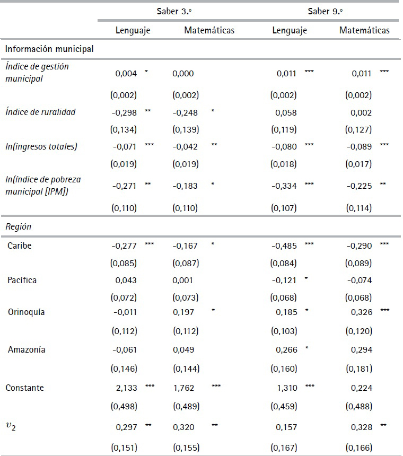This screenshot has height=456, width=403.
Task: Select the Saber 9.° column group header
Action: coord(326,11)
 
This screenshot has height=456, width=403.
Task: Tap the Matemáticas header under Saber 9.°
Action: coord(364,30)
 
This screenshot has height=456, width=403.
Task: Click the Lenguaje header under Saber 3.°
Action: coord(133,30)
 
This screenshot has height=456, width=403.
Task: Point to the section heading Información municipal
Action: coord(49,49)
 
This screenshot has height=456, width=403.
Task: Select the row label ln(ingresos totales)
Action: coord(41,146)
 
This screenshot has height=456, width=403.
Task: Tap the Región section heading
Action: coord(19,226)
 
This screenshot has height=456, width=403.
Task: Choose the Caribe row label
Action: coord(20,245)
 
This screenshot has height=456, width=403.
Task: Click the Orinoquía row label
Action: coord(26,312)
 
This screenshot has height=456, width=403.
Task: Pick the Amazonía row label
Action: coord(27,350)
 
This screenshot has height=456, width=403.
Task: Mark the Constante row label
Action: coord(24,388)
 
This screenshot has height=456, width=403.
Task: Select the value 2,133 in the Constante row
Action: coord(126,388)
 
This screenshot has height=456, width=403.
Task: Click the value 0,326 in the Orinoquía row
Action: coord(362,312)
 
